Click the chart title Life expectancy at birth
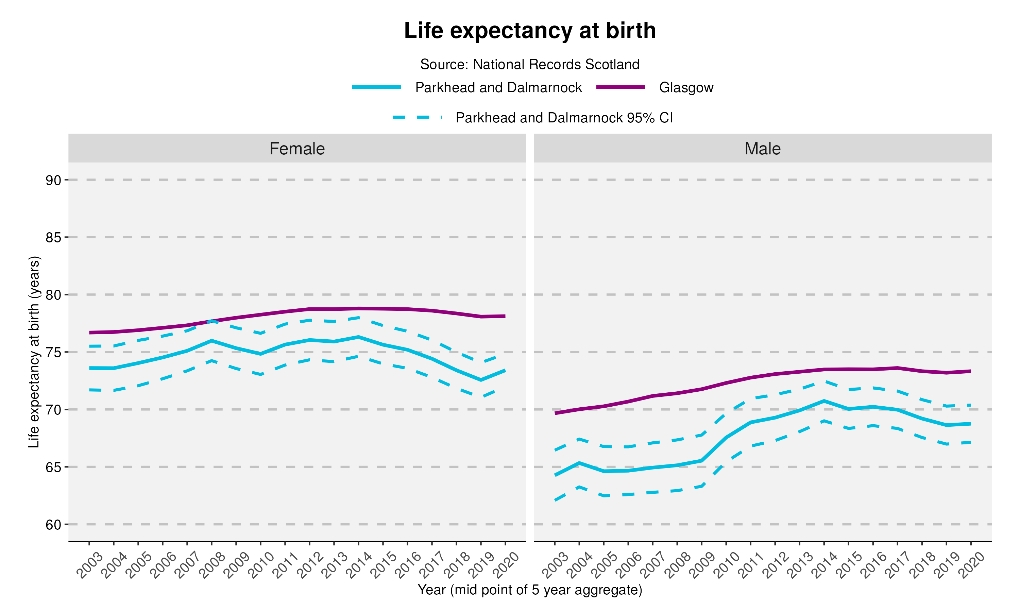(529, 31)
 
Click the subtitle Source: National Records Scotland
(529, 64)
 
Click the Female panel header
(297, 149)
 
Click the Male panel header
(762, 149)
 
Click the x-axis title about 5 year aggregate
(529, 590)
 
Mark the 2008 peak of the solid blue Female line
(211, 341)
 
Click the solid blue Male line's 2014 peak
(824, 401)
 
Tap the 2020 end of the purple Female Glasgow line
(505, 316)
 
